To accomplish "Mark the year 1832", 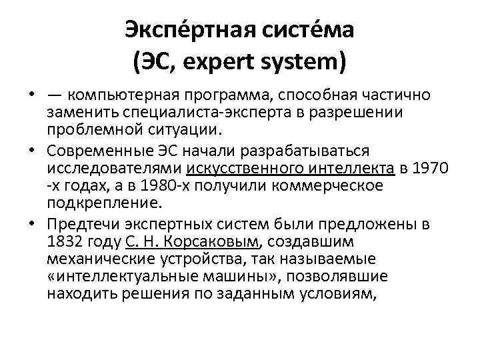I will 66,241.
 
